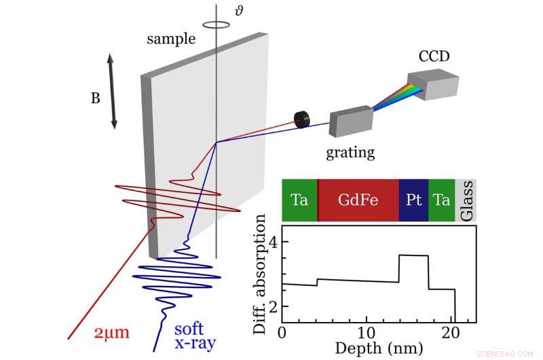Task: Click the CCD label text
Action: click(434, 56)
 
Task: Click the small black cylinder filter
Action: click(301, 120)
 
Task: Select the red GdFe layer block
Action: click(358, 200)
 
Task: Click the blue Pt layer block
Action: click(413, 200)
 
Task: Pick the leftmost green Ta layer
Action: click(299, 200)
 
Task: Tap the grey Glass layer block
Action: click(466, 200)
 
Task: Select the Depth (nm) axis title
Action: click(378, 348)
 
